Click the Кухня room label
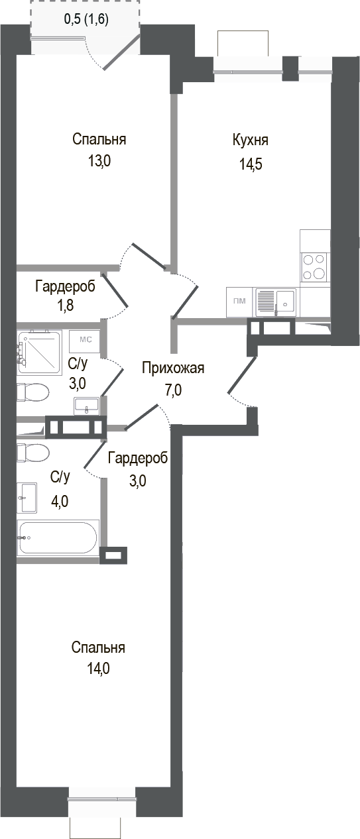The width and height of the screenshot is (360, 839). coord(250,140)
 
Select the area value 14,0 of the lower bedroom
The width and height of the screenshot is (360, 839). coord(98,669)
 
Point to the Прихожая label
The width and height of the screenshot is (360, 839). coord(173,368)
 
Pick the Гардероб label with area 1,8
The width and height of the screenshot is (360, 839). coord(65,286)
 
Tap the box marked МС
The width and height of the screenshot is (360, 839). coord(85,340)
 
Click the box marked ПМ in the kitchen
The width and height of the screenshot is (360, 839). coord(239,302)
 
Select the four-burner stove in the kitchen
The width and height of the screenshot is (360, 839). coord(314,266)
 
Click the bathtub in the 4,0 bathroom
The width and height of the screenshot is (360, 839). coord(58,537)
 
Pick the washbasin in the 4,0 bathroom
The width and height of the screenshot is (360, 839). coord(29,498)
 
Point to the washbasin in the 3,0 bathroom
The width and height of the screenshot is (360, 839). coord(86,405)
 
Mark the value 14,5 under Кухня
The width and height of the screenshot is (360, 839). coord(251,164)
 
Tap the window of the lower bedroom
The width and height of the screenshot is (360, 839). coord(102,801)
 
